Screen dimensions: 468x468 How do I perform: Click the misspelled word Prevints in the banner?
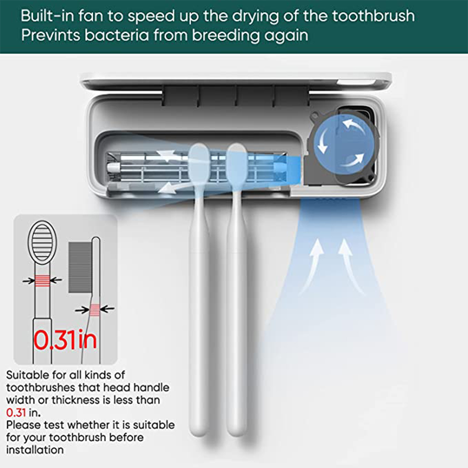click(x=51, y=36)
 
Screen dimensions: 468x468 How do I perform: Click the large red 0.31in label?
click(x=65, y=340)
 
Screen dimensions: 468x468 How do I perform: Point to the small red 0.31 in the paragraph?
click(x=16, y=412)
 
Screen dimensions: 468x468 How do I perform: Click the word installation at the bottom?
click(x=35, y=450)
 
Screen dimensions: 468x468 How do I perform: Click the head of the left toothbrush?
click(x=199, y=166)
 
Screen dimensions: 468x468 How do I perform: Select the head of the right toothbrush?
click(x=237, y=166)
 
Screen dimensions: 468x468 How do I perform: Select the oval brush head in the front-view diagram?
click(x=43, y=242)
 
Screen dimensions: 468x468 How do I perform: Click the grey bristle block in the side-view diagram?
click(x=80, y=267)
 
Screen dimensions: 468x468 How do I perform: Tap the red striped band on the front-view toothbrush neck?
click(x=43, y=280)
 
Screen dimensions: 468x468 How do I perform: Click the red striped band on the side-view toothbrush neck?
click(x=95, y=310)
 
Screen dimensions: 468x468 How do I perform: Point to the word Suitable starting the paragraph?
click(x=28, y=375)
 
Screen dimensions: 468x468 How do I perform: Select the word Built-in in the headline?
click(x=47, y=16)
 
